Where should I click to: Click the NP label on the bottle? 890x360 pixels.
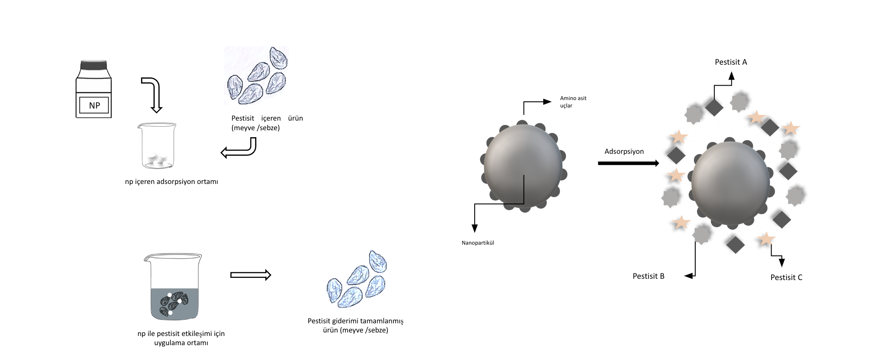pyautogui.click(x=94, y=105)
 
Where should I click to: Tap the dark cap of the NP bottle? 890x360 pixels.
pyautogui.click(x=93, y=65)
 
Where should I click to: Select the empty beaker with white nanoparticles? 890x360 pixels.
pyautogui.click(x=157, y=145)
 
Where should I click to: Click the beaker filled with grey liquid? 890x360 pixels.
pyautogui.click(x=173, y=287)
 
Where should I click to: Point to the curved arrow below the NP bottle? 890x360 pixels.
pyautogui.click(x=153, y=94)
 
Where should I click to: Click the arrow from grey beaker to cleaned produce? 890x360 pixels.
pyautogui.click(x=251, y=275)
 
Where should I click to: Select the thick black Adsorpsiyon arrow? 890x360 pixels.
pyautogui.click(x=628, y=163)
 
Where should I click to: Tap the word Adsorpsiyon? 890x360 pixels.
pyautogui.click(x=624, y=152)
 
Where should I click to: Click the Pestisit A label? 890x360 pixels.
pyautogui.click(x=731, y=62)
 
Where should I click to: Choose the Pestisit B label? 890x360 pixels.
pyautogui.click(x=649, y=276)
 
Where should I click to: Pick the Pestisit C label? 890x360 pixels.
pyautogui.click(x=787, y=277)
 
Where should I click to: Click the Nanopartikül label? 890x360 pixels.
pyautogui.click(x=478, y=243)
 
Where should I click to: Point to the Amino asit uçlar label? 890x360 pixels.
pyautogui.click(x=573, y=102)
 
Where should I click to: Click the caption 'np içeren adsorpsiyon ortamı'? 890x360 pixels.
pyautogui.click(x=172, y=182)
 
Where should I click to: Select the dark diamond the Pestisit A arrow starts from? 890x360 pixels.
pyautogui.click(x=714, y=107)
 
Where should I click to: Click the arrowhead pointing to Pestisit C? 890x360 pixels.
pyautogui.click(x=782, y=263)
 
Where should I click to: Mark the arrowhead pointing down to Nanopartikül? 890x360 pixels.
pyautogui.click(x=475, y=228)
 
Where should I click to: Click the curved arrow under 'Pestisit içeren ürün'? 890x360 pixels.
pyautogui.click(x=238, y=148)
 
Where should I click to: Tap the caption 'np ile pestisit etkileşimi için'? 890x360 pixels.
pyautogui.click(x=181, y=334)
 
